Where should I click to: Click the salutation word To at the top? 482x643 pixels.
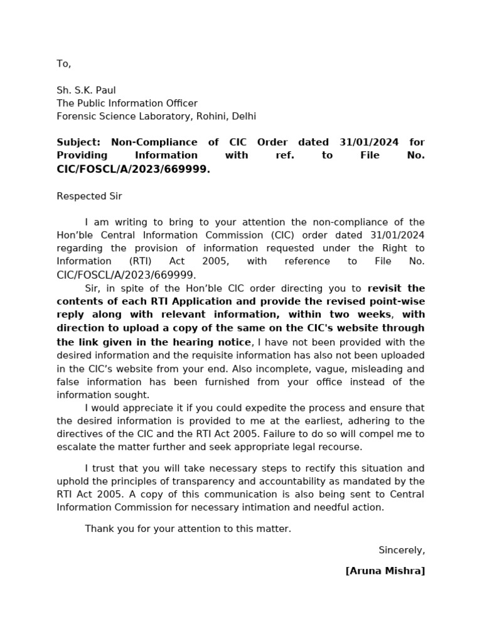(x=63, y=64)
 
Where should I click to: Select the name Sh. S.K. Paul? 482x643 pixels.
(x=86, y=90)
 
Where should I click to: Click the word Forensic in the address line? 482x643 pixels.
(x=76, y=117)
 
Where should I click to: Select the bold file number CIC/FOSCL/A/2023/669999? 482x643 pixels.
(x=133, y=170)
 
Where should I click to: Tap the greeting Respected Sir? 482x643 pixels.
(x=89, y=197)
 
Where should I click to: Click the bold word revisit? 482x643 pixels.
(x=387, y=288)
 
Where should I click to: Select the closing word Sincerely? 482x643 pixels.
(x=401, y=551)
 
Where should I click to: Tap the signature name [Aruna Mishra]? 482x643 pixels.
(x=385, y=571)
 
